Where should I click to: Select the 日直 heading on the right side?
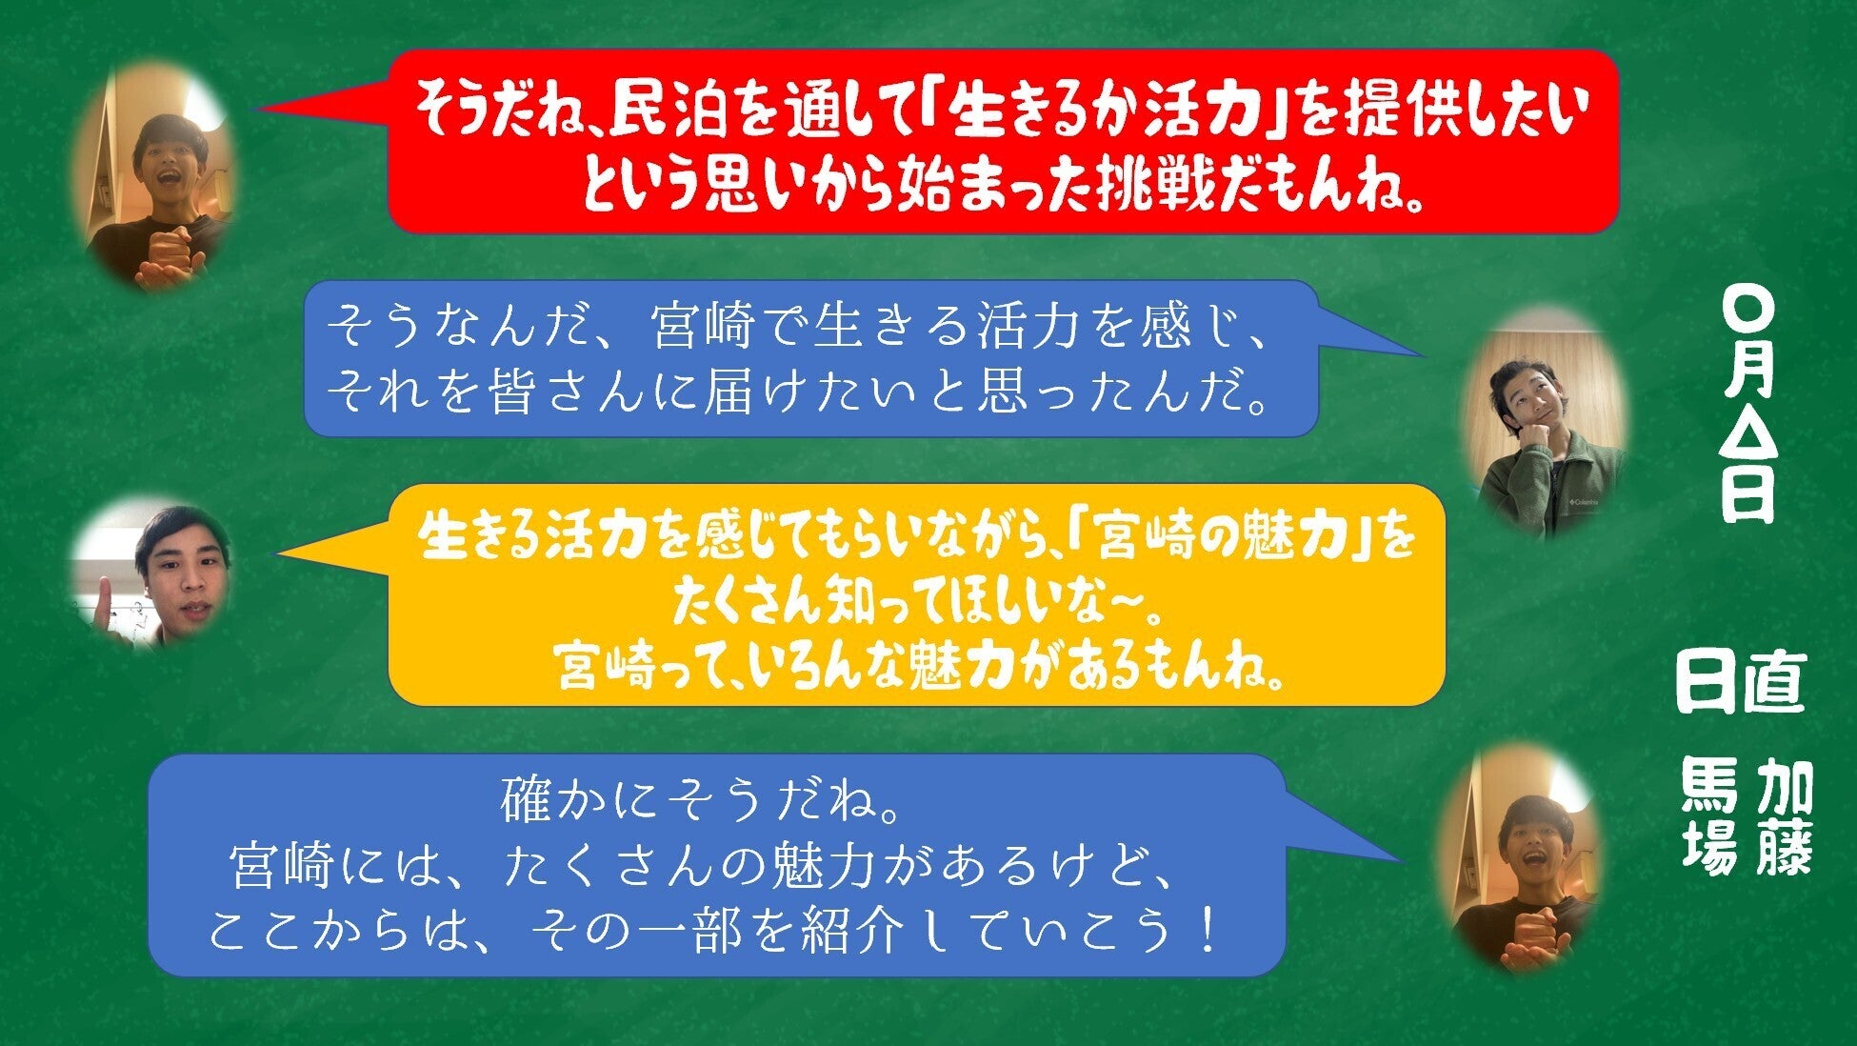(1741, 683)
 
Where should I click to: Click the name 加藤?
(1785, 816)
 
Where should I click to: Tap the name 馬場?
(1710, 816)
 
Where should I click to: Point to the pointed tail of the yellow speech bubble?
(276, 553)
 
